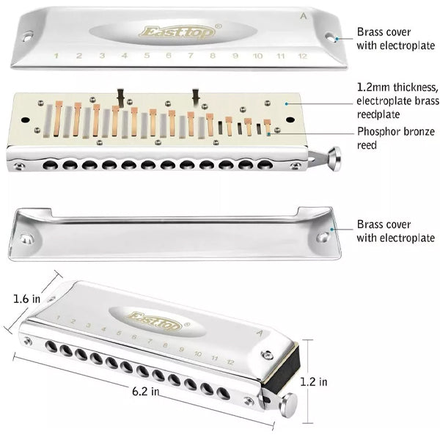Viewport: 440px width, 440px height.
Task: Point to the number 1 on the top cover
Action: coord(56,55)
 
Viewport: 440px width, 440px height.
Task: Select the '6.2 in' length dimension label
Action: coord(145,392)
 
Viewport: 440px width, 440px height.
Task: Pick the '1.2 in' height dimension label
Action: coord(314,381)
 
